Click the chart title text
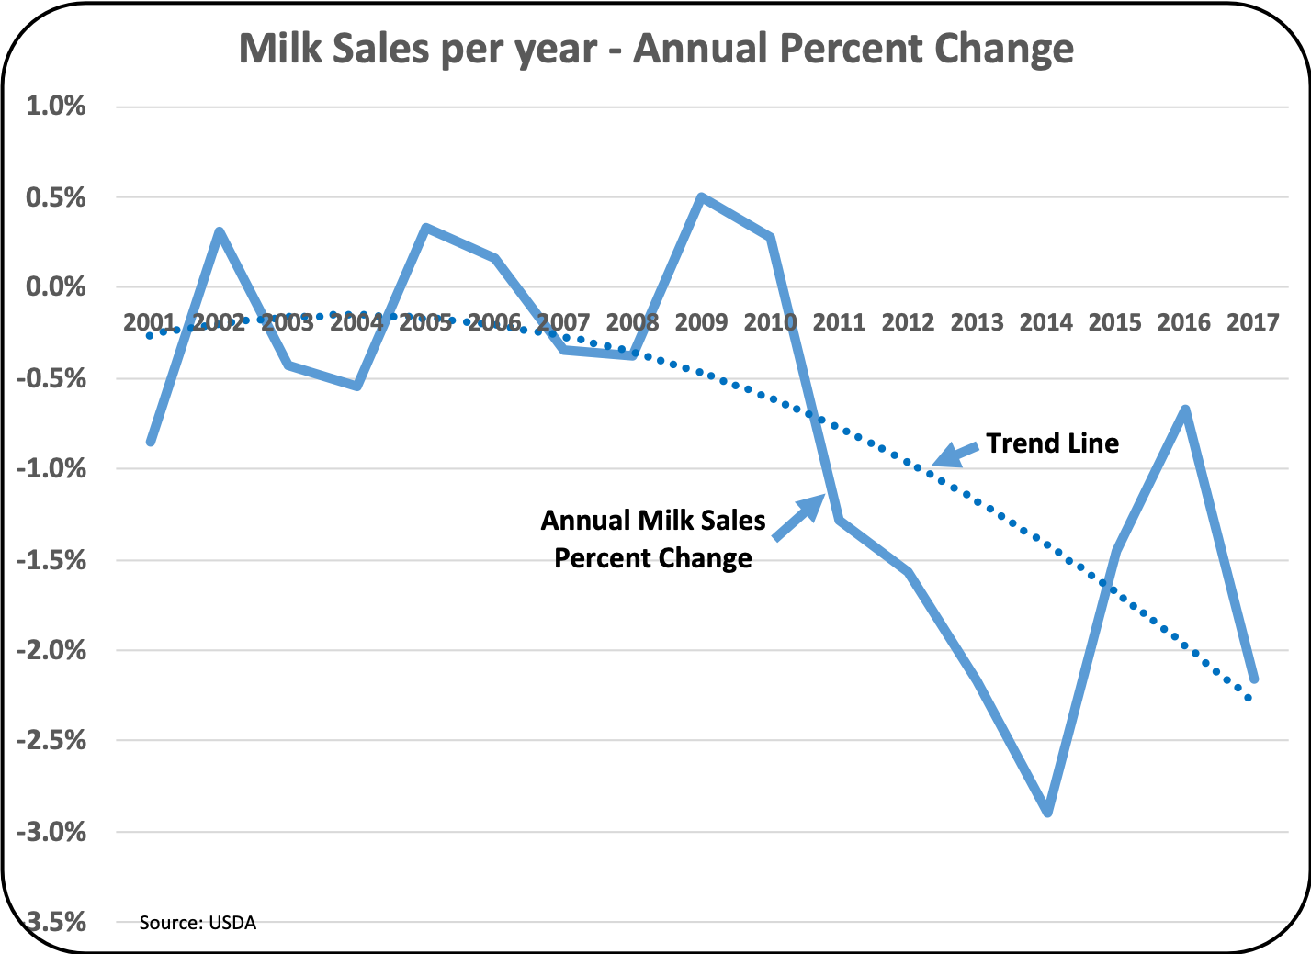pos(656,48)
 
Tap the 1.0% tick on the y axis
pos(56,107)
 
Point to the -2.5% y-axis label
pos(52,741)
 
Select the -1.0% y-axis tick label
pos(52,469)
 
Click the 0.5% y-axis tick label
pos(56,197)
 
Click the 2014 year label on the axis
pos(1046,322)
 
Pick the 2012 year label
pos(908,322)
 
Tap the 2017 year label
pos(1253,322)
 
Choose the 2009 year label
pos(701,322)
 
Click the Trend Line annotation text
pos(1053,443)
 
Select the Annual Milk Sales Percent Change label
pos(653,539)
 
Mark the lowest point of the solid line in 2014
pos(1047,812)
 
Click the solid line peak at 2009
pos(701,197)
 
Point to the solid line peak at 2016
pos(1185,410)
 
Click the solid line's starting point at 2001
pos(151,442)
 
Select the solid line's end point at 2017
pos(1253,679)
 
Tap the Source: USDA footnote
pos(198,923)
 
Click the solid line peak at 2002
pos(220,231)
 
